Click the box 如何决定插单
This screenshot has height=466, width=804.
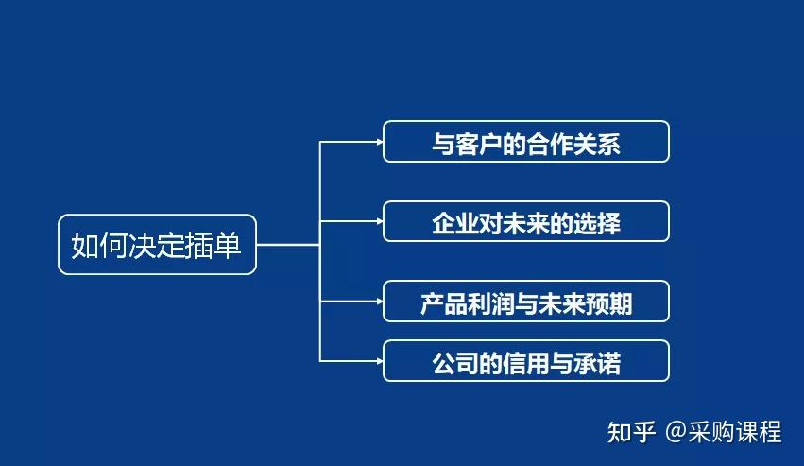coord(157,245)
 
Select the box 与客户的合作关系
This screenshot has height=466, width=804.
coord(525,142)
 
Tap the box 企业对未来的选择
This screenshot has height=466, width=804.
coord(525,221)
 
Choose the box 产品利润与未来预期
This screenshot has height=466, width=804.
coord(525,302)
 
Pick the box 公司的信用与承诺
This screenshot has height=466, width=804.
coord(525,361)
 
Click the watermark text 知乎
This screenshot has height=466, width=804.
coord(631,433)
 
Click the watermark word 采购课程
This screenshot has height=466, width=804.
coord(735,433)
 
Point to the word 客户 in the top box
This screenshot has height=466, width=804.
coord(479,143)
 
